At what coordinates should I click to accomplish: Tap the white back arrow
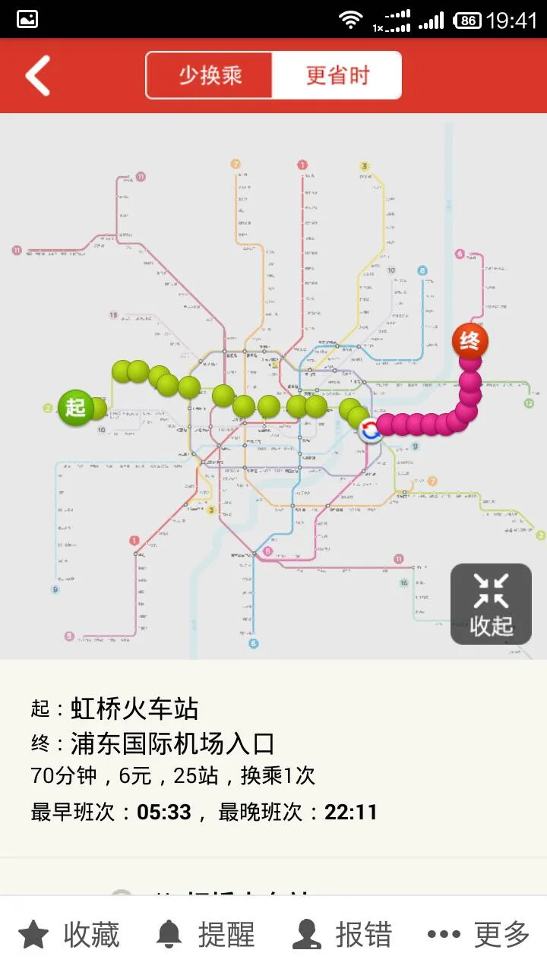37,75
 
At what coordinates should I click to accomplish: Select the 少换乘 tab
210,75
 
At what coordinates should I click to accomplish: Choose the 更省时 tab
337,75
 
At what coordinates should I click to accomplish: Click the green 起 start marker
75,406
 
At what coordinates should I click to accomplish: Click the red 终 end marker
470,341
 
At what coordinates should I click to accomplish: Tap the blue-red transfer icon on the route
370,431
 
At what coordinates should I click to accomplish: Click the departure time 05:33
164,812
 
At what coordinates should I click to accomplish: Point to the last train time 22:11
351,812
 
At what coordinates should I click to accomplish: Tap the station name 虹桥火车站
134,708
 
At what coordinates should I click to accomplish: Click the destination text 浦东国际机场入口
172,743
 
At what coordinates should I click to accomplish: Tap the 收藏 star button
69,934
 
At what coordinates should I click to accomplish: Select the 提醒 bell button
206,934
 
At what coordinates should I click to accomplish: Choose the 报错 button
343,934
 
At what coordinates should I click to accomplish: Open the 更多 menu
479,934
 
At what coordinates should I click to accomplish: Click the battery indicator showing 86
467,20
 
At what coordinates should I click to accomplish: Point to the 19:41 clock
511,20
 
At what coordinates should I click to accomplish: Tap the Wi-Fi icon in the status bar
350,20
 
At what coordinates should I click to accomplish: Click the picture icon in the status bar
27,20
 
